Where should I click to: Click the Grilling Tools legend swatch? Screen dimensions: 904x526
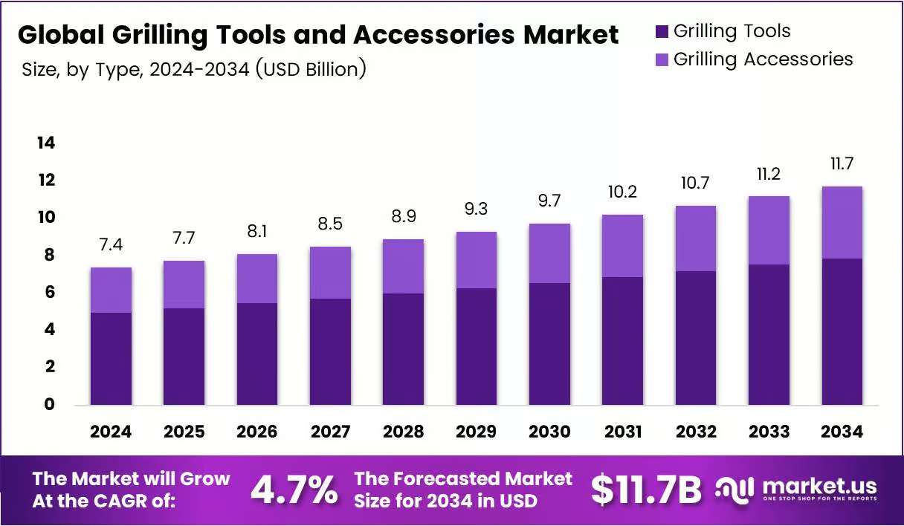[x=662, y=31]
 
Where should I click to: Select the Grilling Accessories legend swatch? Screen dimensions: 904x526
[x=662, y=59]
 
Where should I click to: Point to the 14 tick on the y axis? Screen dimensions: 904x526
[x=46, y=143]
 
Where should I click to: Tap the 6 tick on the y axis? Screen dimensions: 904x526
[x=50, y=292]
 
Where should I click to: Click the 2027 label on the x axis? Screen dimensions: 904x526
[x=330, y=432]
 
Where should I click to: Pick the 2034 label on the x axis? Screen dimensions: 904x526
[x=842, y=432]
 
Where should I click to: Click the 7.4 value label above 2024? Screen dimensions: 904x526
[x=111, y=245]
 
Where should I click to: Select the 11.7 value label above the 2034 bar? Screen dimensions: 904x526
[x=842, y=163]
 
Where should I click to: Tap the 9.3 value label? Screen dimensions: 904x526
[x=477, y=209]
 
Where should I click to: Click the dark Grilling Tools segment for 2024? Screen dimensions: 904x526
[x=111, y=359]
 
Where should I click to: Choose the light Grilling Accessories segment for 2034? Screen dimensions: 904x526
[x=842, y=223]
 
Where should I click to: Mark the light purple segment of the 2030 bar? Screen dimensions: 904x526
[x=549, y=253]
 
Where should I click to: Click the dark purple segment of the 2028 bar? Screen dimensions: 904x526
[x=403, y=349]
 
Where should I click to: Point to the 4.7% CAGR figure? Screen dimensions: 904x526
[x=294, y=490]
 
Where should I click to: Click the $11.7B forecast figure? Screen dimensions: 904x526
[x=646, y=490]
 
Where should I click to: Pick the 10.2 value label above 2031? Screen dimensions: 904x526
[x=622, y=192]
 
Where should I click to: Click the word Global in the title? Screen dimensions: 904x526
[x=62, y=35]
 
